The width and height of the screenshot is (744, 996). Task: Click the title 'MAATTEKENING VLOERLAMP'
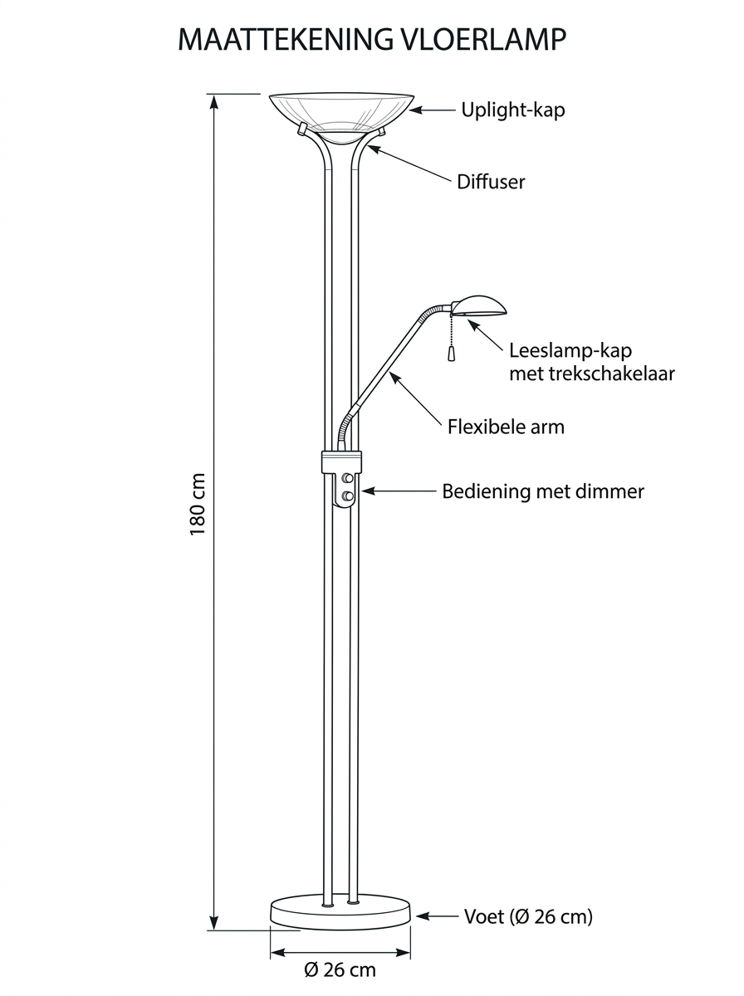tap(373, 39)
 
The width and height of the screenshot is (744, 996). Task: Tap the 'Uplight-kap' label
tap(512, 110)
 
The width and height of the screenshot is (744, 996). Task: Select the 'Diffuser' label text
tap(491, 182)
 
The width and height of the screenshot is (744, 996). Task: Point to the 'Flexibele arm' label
tap(506, 427)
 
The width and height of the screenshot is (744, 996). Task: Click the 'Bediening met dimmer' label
tap(542, 491)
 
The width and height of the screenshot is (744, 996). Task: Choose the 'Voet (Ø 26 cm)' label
tap(528, 916)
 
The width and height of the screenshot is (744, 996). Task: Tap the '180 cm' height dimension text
tap(198, 505)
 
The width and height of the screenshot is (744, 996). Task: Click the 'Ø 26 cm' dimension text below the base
tap(340, 969)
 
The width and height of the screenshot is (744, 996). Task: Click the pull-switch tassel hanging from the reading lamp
tap(451, 352)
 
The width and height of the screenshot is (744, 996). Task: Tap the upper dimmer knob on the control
tap(348, 478)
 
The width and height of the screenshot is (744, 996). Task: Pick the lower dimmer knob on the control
tap(348, 496)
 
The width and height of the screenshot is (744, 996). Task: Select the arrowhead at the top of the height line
tap(214, 100)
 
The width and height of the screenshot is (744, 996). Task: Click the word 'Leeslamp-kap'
tap(559, 352)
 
